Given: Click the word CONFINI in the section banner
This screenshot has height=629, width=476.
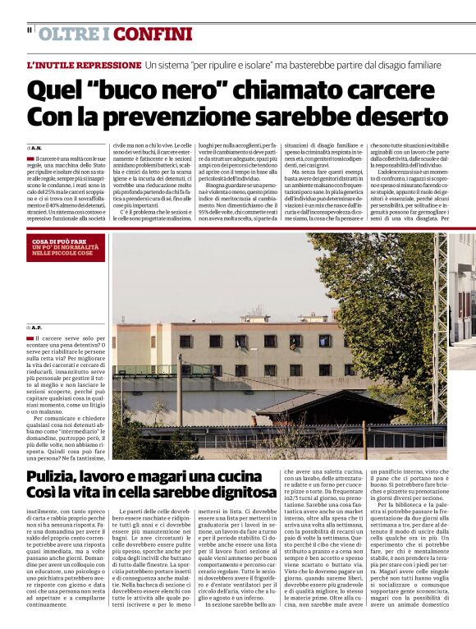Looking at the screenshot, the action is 153,34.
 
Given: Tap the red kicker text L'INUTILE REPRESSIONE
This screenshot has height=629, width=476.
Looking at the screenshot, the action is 84,64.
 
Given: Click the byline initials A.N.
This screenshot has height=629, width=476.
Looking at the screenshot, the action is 35,148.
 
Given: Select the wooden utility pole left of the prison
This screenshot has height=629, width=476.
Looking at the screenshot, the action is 180,411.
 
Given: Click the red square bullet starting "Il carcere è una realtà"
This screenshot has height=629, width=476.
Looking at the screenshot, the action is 30,157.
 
